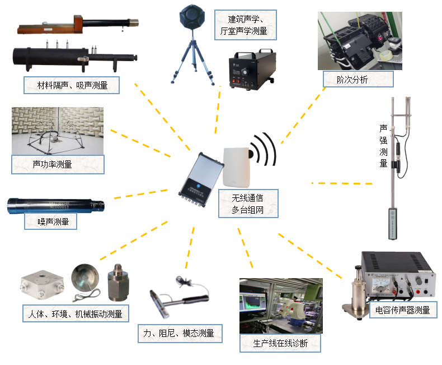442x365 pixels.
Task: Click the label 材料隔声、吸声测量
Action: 73,85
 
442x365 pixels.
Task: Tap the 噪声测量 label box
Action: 50,221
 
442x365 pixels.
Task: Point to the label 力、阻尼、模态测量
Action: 179,334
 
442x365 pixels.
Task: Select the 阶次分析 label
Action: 352,79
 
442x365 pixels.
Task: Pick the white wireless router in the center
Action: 236,167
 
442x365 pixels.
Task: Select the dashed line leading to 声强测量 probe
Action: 341,183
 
